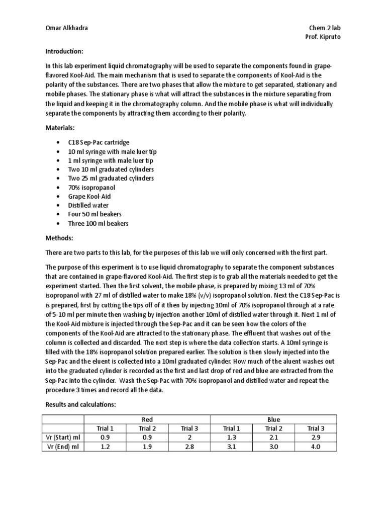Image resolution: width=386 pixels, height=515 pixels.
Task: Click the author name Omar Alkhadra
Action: (66, 28)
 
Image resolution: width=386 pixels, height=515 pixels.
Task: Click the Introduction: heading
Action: (64, 51)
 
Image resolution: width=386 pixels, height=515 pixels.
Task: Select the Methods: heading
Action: (59, 237)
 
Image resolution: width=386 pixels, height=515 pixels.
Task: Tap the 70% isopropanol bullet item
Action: (88, 187)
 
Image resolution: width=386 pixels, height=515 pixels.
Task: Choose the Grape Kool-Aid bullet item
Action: (89, 196)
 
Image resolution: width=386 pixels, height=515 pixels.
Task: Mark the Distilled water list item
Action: (88, 205)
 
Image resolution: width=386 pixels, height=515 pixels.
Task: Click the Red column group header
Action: (147, 419)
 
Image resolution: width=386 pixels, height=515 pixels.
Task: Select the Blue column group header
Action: (274, 419)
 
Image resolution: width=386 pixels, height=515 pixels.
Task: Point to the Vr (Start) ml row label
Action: (63, 437)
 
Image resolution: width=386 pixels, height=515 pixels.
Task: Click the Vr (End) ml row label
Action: (63, 446)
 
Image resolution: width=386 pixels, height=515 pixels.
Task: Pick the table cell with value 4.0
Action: (316, 446)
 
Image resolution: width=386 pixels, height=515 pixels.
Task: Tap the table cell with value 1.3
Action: (231, 437)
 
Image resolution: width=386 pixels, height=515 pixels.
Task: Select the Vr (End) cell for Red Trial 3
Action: (189, 446)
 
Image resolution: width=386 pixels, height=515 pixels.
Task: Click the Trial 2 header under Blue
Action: (273, 428)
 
